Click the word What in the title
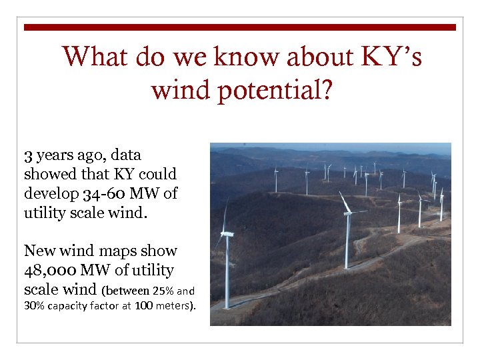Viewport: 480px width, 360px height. [x=92, y=57]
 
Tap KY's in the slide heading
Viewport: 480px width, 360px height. [x=391, y=57]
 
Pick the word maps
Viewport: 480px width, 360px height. [x=116, y=251]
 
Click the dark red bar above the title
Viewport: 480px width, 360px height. [x=240, y=27]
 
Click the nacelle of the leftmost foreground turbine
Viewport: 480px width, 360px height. [x=227, y=234]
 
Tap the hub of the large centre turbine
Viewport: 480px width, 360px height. [x=347, y=213]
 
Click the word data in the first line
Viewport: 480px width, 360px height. [x=126, y=156]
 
